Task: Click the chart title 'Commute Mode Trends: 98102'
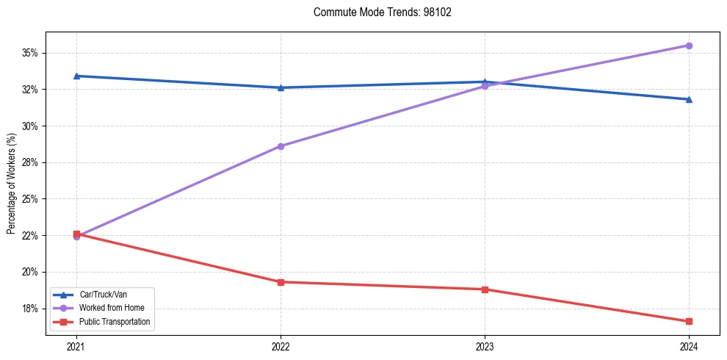click(377, 12)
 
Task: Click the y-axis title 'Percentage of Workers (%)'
click(11, 184)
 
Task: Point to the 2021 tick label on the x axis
click(76, 346)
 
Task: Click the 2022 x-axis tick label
click(281, 346)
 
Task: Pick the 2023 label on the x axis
click(485, 346)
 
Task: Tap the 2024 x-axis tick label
click(689, 346)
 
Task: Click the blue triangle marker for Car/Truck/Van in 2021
click(76, 76)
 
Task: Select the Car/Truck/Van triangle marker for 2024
click(689, 99)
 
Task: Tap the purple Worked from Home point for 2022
click(281, 146)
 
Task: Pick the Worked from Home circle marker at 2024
click(689, 46)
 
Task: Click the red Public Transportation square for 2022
click(281, 282)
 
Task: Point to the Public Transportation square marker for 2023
click(485, 289)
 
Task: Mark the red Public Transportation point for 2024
click(689, 321)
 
